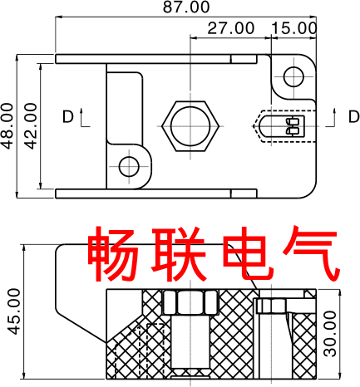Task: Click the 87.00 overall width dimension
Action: [186, 7]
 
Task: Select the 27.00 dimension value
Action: [231, 28]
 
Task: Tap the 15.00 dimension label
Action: [293, 28]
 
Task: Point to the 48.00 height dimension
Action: [7, 126]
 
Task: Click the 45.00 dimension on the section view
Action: [13, 311]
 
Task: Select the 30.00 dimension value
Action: [330, 334]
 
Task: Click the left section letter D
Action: [68, 116]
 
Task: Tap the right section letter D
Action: [353, 116]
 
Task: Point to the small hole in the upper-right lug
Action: [293, 76]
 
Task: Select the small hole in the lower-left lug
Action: [129, 167]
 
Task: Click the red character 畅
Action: [113, 254]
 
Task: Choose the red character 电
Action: [248, 253]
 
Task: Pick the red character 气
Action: [310, 253]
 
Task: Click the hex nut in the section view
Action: [190, 302]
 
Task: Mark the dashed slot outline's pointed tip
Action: [252, 126]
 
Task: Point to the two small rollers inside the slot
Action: [293, 126]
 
